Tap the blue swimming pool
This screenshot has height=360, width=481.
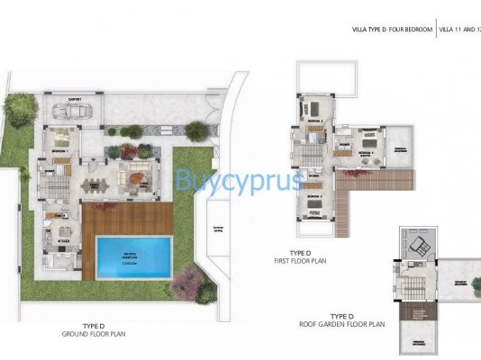[x=134, y=254]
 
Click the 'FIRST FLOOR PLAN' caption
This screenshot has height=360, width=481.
[x=319, y=261]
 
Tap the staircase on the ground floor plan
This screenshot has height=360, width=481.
[x=52, y=189]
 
